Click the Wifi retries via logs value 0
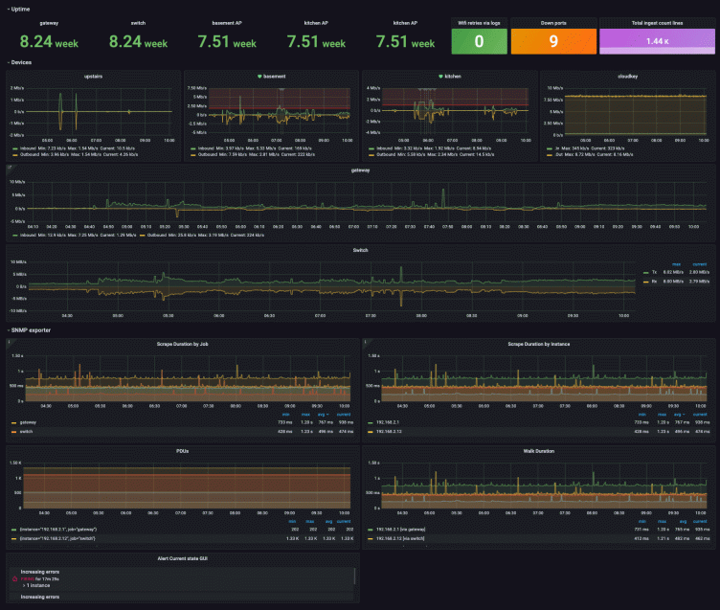coord(479,41)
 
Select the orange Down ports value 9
coord(553,41)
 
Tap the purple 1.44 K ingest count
coord(657,41)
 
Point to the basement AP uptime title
coord(227,21)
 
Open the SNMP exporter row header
coord(31,329)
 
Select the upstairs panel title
coord(94,76)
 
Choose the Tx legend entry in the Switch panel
coord(656,272)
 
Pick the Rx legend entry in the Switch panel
coord(656,280)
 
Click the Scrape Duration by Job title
coord(182,343)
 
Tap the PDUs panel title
coord(182,450)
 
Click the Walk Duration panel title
coord(538,450)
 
